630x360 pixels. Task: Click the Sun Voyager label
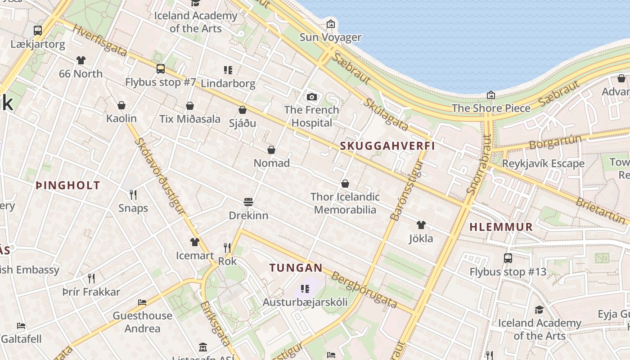pyautogui.click(x=331, y=37)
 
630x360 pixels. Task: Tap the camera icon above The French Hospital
pyautogui.click(x=311, y=97)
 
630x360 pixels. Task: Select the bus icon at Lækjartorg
pyautogui.click(x=38, y=31)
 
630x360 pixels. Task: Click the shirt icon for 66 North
pyautogui.click(x=81, y=60)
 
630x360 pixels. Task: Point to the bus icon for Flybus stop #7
pyautogui.click(x=161, y=69)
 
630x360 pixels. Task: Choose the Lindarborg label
pyautogui.click(x=228, y=84)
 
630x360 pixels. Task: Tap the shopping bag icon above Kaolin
pyautogui.click(x=121, y=106)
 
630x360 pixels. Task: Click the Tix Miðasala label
pyautogui.click(x=190, y=119)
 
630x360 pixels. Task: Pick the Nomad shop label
pyautogui.click(x=272, y=163)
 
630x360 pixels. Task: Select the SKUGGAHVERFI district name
pyautogui.click(x=387, y=146)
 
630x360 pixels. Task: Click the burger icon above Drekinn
pyautogui.click(x=248, y=202)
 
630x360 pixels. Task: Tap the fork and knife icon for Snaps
pyautogui.click(x=133, y=195)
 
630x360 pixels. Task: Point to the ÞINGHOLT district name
pyautogui.click(x=67, y=185)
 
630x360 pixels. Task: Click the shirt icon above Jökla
pyautogui.click(x=421, y=225)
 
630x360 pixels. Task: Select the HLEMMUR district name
pyautogui.click(x=501, y=227)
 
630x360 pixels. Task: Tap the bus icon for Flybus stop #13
pyautogui.click(x=508, y=258)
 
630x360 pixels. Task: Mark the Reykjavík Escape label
pyautogui.click(x=543, y=164)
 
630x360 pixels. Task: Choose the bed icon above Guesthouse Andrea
pyautogui.click(x=142, y=302)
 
